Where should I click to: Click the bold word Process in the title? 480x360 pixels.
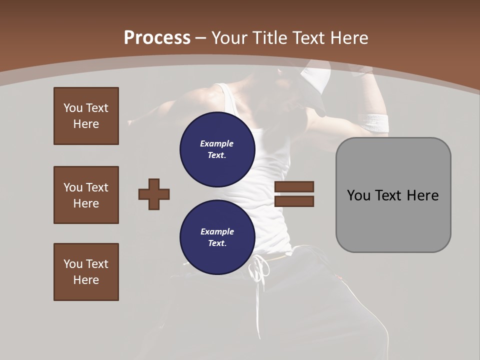pyautogui.click(x=157, y=38)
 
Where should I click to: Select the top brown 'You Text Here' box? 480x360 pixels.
pyautogui.click(x=86, y=116)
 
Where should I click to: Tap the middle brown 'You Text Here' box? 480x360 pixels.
pyautogui.click(x=86, y=195)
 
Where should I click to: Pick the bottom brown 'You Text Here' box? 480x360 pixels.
pyautogui.click(x=86, y=272)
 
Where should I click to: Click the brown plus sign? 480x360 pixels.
pyautogui.click(x=154, y=194)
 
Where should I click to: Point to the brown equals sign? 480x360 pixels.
pyautogui.click(x=294, y=194)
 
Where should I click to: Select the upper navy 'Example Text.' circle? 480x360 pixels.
pyautogui.click(x=217, y=149)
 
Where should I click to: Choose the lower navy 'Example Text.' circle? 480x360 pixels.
pyautogui.click(x=217, y=237)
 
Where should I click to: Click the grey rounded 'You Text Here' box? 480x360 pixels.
pyautogui.click(x=393, y=195)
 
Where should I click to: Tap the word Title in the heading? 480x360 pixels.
pyautogui.click(x=271, y=38)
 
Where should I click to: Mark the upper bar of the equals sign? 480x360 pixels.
pyautogui.click(x=294, y=187)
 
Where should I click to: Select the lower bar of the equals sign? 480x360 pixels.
pyautogui.click(x=294, y=201)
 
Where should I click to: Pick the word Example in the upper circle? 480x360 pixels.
pyautogui.click(x=217, y=143)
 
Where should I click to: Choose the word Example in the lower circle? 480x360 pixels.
pyautogui.click(x=217, y=231)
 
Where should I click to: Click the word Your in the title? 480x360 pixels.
pyautogui.click(x=229, y=38)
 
